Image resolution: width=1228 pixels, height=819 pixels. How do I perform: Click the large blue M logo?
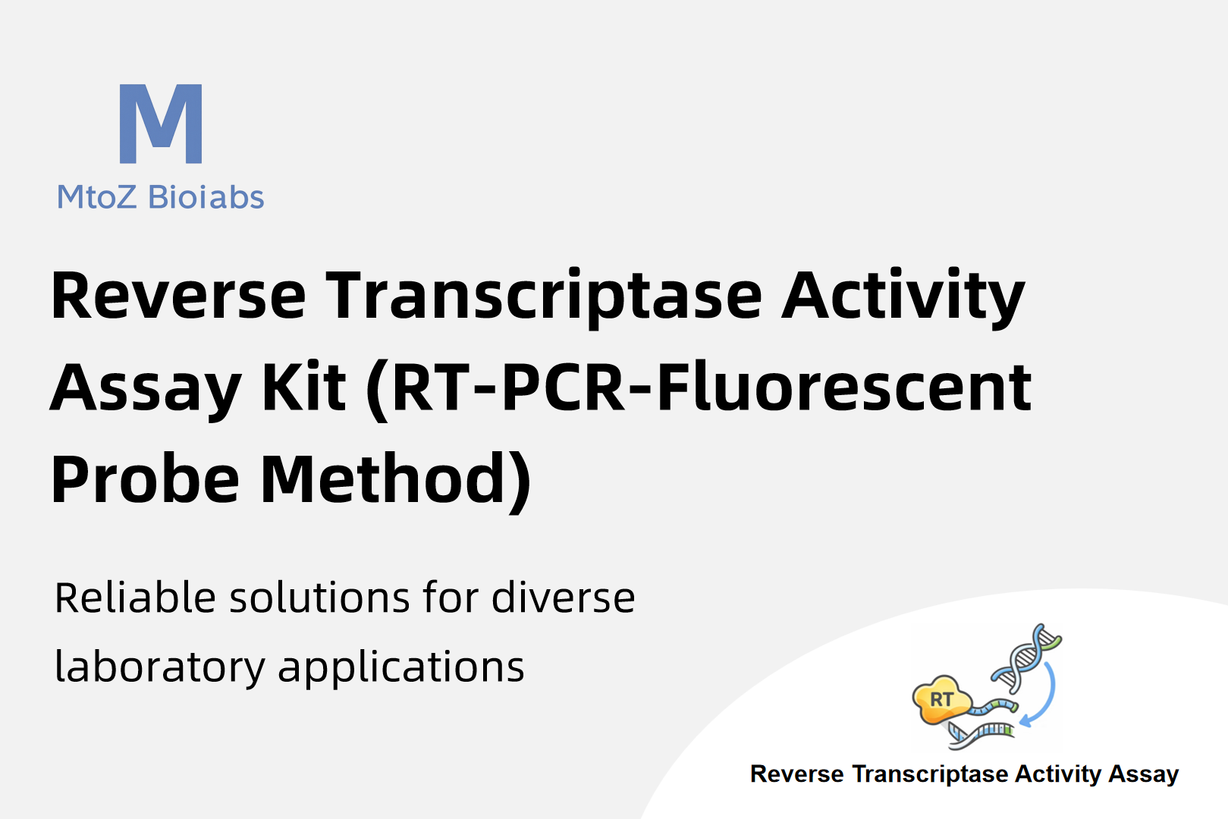point(161,124)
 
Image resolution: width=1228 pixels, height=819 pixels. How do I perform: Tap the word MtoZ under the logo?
point(96,197)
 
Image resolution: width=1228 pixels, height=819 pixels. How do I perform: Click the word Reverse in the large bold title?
point(178,296)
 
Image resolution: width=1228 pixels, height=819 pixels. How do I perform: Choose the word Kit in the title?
point(304,387)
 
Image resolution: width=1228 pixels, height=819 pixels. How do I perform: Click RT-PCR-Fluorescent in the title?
point(699,389)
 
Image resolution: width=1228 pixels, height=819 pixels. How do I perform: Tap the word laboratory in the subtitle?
point(160,667)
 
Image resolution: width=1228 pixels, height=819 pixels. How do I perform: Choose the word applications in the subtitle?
point(401,667)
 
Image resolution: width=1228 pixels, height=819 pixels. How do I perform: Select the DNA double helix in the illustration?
point(1026,657)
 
